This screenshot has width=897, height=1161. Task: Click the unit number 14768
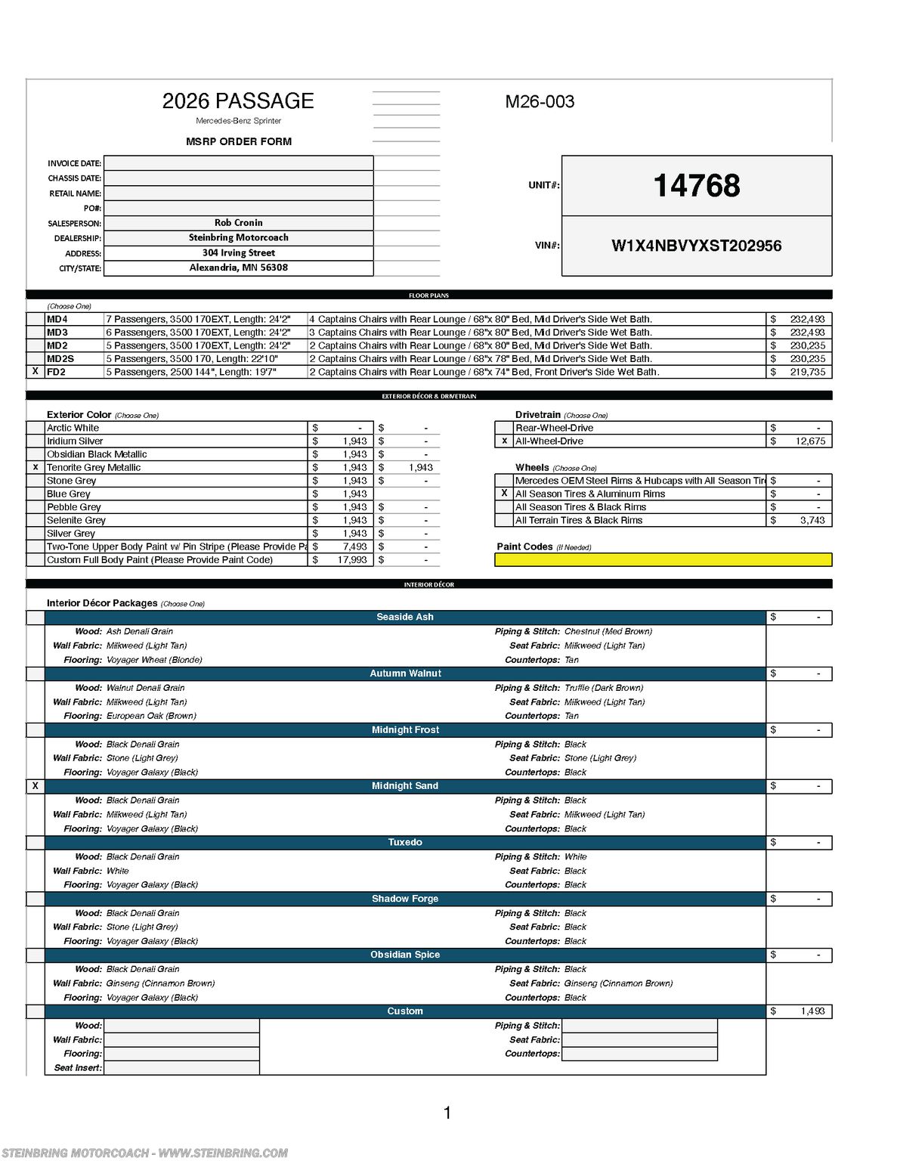[x=696, y=186]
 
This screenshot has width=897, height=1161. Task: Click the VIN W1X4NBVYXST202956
[x=696, y=246]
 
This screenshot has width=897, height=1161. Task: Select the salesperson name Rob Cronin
[x=238, y=223]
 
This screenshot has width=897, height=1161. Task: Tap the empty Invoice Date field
[x=238, y=163]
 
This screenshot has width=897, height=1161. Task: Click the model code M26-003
[x=540, y=101]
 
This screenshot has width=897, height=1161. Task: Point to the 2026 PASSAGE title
[x=238, y=101]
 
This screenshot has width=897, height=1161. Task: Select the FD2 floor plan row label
[x=57, y=372]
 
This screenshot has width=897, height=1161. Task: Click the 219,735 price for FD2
[x=807, y=372]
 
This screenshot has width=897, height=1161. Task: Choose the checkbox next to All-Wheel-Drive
[x=504, y=441]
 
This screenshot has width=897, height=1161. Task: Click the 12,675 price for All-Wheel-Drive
[x=809, y=441]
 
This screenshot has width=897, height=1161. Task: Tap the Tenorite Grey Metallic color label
[x=94, y=468]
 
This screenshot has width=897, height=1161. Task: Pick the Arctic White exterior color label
[x=73, y=428]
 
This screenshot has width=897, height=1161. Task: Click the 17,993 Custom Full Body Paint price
[x=351, y=560]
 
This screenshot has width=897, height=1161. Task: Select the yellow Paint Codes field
[x=663, y=560]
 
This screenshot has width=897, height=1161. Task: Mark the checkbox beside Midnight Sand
[x=36, y=786]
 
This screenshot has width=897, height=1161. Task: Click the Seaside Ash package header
[x=405, y=618]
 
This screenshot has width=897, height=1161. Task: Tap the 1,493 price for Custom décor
[x=812, y=1011]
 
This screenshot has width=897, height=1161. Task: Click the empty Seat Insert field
[x=181, y=1068]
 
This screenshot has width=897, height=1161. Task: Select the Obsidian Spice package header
[x=405, y=955]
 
